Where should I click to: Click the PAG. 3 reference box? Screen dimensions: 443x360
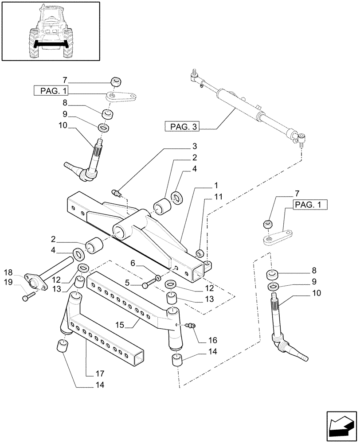[x=182, y=128]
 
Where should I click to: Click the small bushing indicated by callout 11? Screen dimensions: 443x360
[x=200, y=253]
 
